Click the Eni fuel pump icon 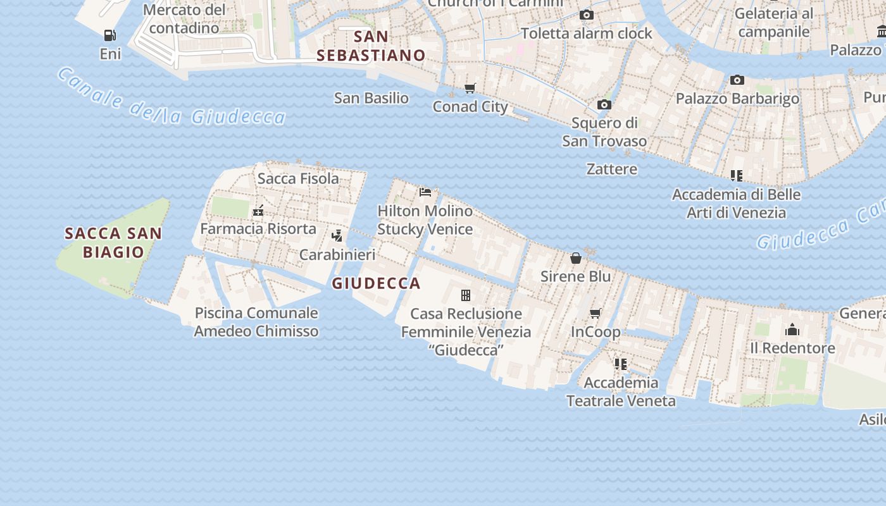point(110,35)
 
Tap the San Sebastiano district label point(371,46)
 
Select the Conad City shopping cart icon point(470,89)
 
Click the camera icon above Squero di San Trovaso point(604,104)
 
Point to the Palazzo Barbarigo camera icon point(737,80)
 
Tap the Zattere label point(611,169)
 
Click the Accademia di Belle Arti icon point(736,175)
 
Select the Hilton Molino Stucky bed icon point(425,192)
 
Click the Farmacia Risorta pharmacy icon point(258,210)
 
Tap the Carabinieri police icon point(337,236)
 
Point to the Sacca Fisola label point(298,178)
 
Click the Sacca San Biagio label point(113,242)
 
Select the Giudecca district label point(376,283)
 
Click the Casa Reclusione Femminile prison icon point(466,295)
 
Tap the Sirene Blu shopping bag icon point(576,258)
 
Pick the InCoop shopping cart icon point(595,314)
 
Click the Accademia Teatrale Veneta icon point(620,364)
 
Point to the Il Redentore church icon point(792,330)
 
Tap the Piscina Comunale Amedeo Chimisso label point(256,322)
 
